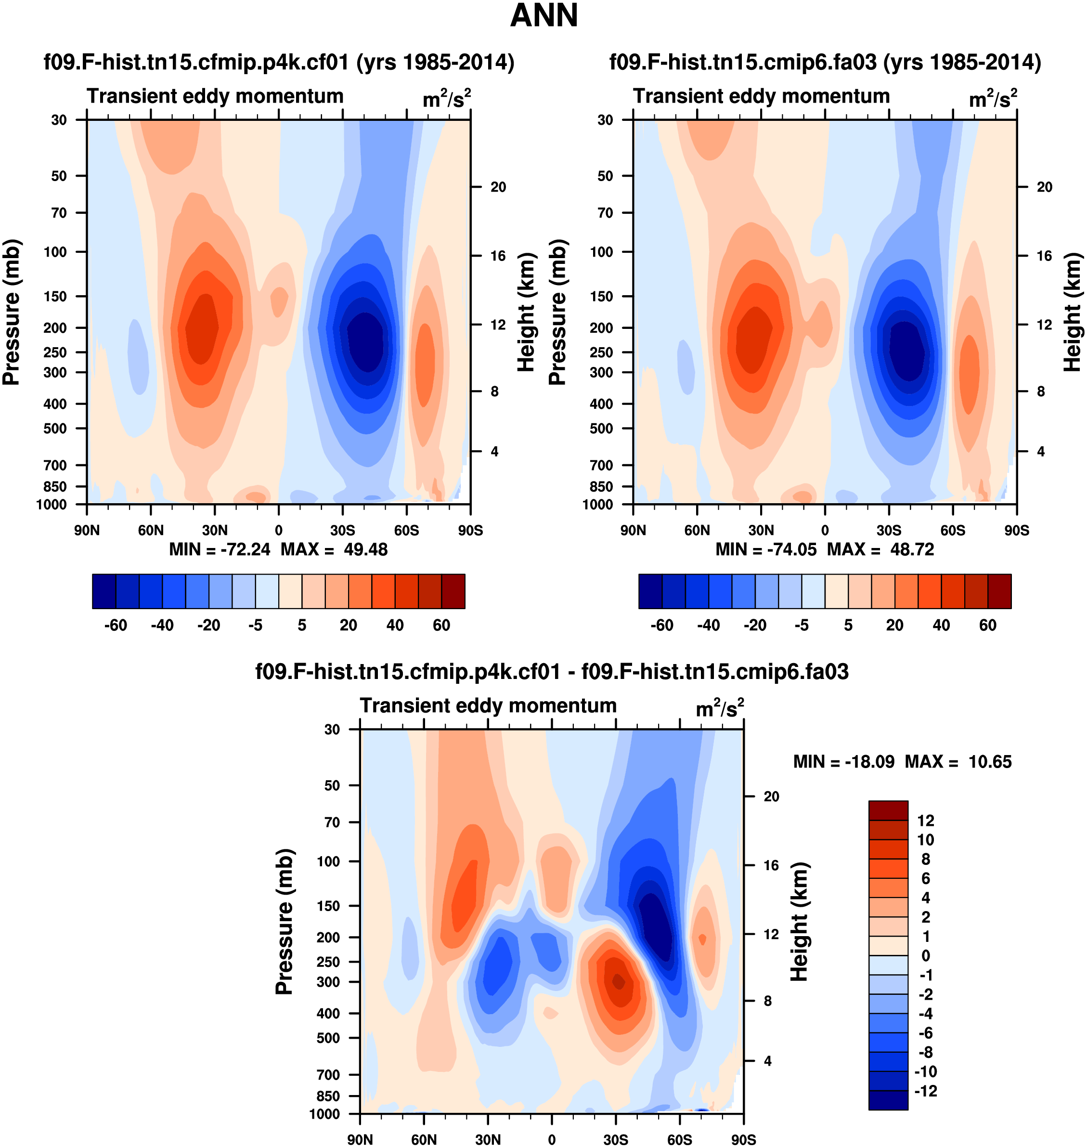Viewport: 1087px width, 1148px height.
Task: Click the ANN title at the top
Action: (x=543, y=15)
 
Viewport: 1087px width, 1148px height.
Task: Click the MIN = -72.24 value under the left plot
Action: (x=220, y=549)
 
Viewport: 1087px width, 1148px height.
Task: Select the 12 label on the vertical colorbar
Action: (x=925, y=821)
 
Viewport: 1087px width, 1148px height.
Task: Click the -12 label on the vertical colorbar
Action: (x=925, y=1091)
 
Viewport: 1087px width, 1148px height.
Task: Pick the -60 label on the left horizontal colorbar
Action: (x=116, y=626)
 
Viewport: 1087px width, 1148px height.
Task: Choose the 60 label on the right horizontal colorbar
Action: (x=987, y=626)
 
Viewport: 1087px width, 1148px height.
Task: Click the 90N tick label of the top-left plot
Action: (x=87, y=530)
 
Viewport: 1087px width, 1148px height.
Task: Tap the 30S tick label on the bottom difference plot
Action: (x=615, y=1140)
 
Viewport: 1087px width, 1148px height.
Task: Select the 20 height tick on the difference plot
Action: (x=771, y=796)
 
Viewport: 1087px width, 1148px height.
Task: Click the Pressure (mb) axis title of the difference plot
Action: (x=284, y=921)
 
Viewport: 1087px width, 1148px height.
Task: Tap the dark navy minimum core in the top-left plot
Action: (x=365, y=342)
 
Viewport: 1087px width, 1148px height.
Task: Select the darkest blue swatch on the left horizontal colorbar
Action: (x=104, y=591)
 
